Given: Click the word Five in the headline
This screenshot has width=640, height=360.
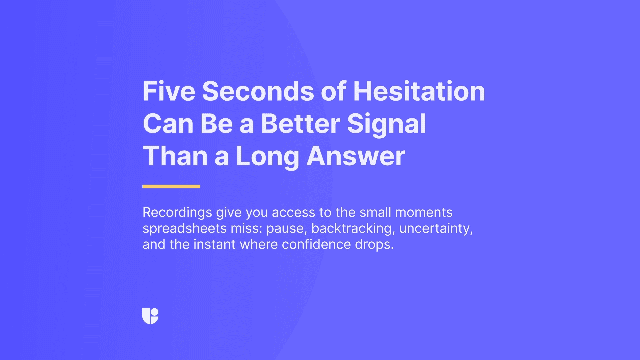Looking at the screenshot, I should click(169, 91).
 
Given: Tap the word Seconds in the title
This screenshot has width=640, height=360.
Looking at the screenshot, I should click(258, 91).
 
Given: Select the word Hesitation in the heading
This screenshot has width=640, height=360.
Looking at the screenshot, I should click(419, 91).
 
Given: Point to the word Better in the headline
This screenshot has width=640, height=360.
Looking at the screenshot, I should click(300, 123).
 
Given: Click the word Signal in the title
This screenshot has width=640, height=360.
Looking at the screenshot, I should click(386, 124).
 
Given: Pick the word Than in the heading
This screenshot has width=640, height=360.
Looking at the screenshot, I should click(175, 156).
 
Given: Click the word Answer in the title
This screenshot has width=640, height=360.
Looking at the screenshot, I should click(356, 156).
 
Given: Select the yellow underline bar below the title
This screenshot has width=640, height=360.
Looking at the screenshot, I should click(171, 186).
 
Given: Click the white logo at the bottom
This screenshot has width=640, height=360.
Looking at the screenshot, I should click(150, 316).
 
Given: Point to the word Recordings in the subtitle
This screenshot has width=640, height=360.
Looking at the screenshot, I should click(177, 213).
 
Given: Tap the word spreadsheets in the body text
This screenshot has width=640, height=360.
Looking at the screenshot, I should click(185, 229).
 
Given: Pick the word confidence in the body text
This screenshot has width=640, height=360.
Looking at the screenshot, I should click(316, 244).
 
